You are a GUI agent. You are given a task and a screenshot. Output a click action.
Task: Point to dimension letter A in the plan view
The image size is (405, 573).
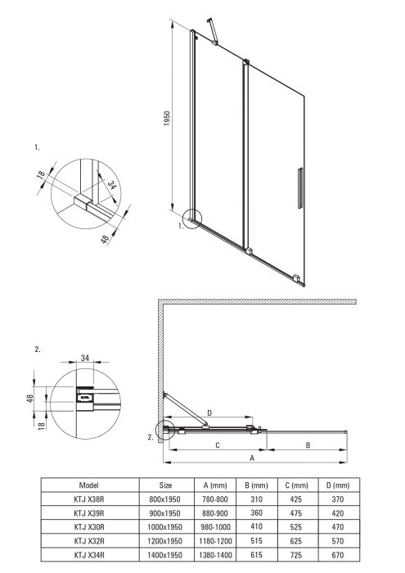point(252,459)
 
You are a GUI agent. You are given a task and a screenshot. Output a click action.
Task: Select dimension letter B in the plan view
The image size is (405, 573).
point(306,445)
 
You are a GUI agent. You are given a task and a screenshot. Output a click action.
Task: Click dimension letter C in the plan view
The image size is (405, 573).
point(216,445)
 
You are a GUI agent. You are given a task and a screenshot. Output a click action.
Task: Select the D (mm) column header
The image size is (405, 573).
point(335,485)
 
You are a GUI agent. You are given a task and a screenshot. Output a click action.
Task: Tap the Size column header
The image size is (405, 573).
point(165,485)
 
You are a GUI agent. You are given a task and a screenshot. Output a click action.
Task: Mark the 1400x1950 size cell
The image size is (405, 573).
point(165,554)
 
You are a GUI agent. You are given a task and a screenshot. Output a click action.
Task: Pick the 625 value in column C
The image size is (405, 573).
point(296,540)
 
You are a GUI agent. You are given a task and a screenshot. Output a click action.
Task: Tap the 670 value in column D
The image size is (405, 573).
point(335,554)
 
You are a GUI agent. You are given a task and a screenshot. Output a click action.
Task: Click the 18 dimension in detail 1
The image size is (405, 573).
point(39,178)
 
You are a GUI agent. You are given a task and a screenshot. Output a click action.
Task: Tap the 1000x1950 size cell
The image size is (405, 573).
point(165,526)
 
